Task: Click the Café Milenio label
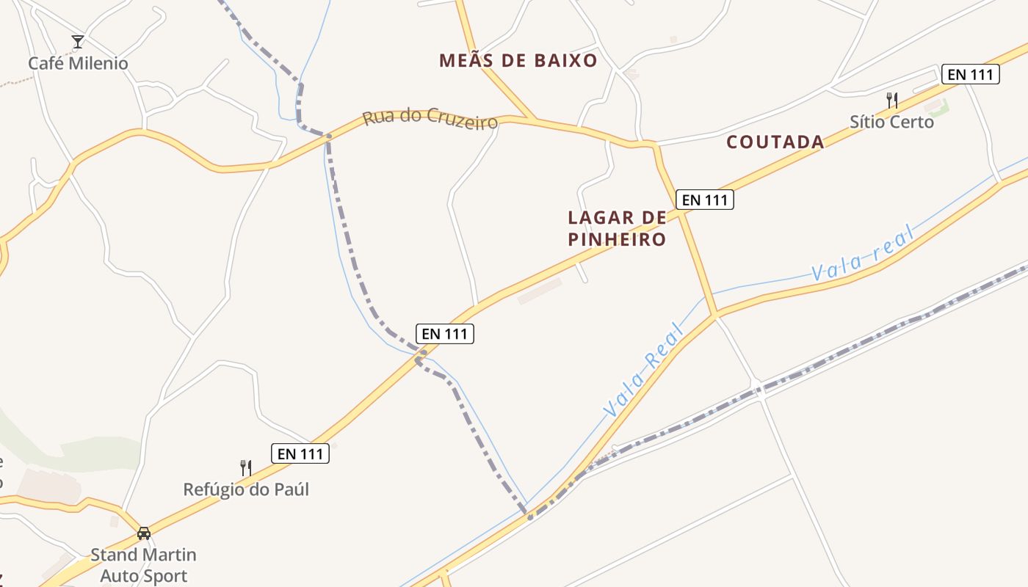coord(78,64)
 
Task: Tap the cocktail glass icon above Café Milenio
coord(78,42)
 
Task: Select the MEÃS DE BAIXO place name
coord(518,61)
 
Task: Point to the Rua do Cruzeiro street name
coord(430,120)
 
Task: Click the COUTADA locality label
coord(775,142)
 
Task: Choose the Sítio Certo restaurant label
coord(891,122)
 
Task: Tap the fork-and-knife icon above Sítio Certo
coord(892,101)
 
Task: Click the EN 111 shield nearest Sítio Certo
coord(970,74)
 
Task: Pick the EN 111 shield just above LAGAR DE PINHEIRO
coord(704,200)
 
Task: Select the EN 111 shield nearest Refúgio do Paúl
coord(300,454)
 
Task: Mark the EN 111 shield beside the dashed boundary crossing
coord(445,334)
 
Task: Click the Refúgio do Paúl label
coord(246,489)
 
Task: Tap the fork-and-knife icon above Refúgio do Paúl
coord(246,467)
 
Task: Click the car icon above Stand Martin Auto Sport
coord(144,533)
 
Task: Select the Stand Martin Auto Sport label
coord(143,565)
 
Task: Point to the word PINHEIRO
coord(617,239)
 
